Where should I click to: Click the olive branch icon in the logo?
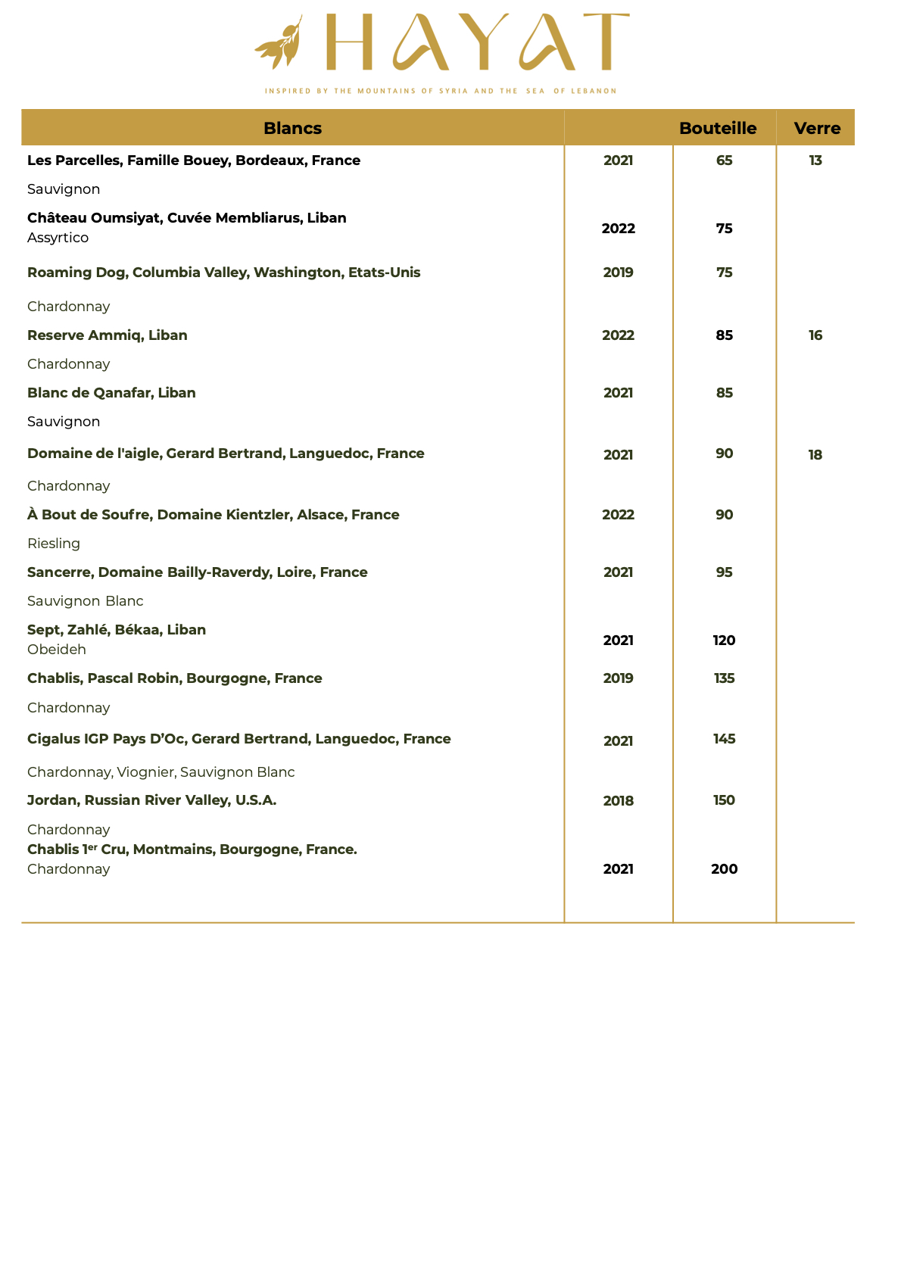pyautogui.click(x=279, y=42)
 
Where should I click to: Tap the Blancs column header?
pyautogui.click(x=292, y=128)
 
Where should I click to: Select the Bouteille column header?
pyautogui.click(x=718, y=128)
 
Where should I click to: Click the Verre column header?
pyautogui.click(x=817, y=128)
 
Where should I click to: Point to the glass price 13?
pyautogui.click(x=815, y=161)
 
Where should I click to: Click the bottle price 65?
pyautogui.click(x=724, y=161)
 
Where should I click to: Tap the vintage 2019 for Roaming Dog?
pyautogui.click(x=618, y=273)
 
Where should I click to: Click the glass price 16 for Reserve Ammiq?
pyautogui.click(x=815, y=335)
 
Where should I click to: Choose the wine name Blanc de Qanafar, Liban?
pyautogui.click(x=111, y=393)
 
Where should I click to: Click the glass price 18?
pyautogui.click(x=815, y=455)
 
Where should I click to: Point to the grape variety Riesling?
pyautogui.click(x=54, y=544)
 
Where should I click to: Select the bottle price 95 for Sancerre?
pyautogui.click(x=724, y=572)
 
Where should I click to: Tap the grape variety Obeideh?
pyautogui.click(x=57, y=650)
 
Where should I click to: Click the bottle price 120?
pyautogui.click(x=724, y=641)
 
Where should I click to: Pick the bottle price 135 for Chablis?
pyautogui.click(x=724, y=678)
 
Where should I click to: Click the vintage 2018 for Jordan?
pyautogui.click(x=618, y=801)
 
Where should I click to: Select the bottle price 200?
pyautogui.click(x=724, y=869)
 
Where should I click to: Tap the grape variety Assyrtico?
pyautogui.click(x=58, y=238)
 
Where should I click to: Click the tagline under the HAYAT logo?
pyautogui.click(x=441, y=91)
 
